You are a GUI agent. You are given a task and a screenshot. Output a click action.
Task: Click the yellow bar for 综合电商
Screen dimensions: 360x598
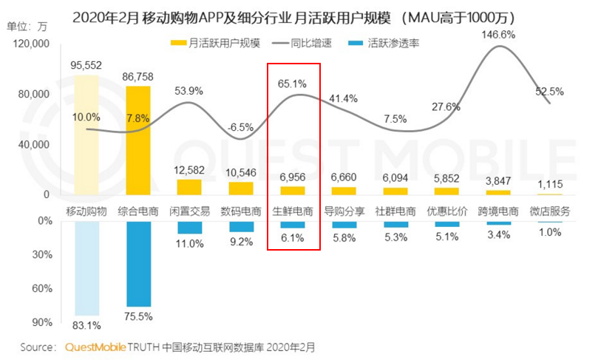tap(138, 140)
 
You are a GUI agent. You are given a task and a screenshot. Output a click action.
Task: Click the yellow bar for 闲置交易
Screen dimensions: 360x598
tap(189, 188)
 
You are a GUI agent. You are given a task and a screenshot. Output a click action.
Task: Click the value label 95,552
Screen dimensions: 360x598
tap(86, 64)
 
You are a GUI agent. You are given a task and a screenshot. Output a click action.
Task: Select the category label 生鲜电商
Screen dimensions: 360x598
tap(292, 211)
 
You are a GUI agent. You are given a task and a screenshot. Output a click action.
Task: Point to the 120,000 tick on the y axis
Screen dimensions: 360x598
tap(32, 44)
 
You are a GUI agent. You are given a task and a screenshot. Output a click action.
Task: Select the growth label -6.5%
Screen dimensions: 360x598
tap(241, 126)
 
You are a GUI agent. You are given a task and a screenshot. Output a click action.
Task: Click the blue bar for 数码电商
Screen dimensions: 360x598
tap(240, 226)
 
